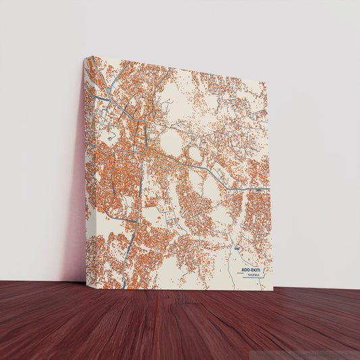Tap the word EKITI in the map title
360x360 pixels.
(x=257, y=269)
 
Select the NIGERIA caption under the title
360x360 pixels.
(x=254, y=276)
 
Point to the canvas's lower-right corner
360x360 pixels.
(x=272, y=290)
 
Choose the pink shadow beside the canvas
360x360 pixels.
(x=76, y=203)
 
